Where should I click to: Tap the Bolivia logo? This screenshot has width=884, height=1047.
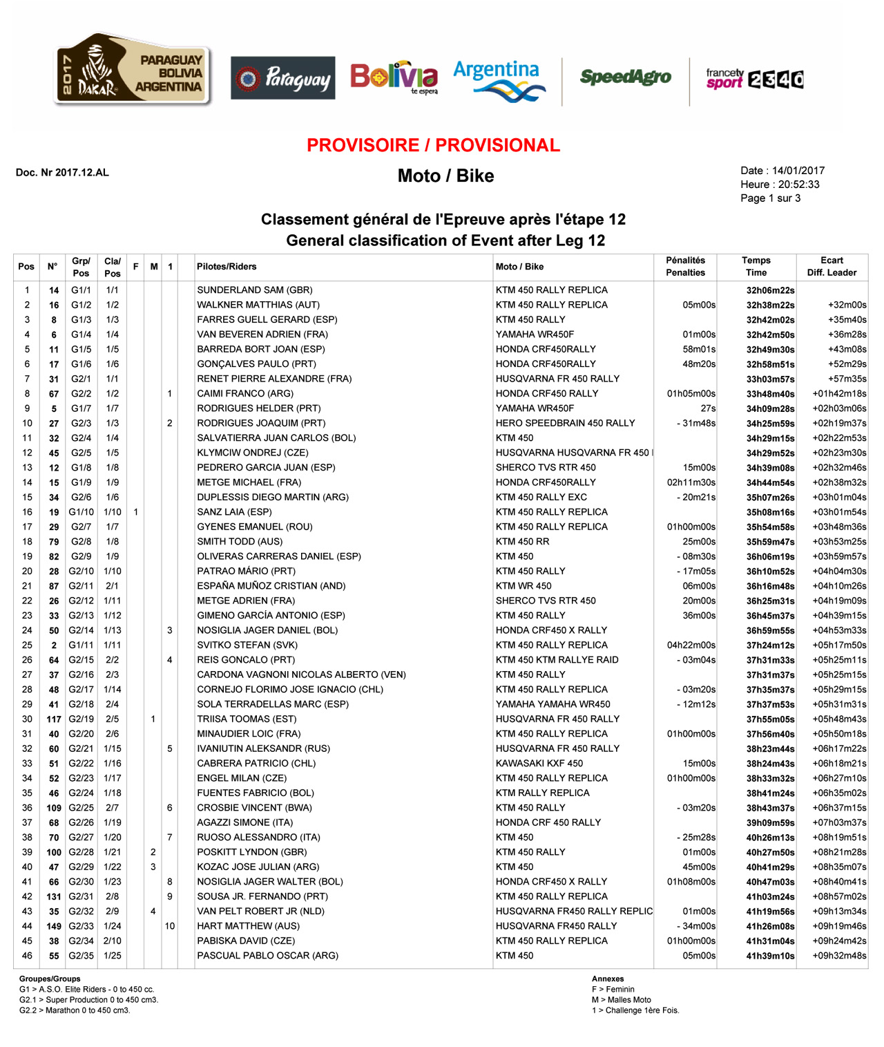click(x=394, y=77)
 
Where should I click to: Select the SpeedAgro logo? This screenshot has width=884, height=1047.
click(x=625, y=77)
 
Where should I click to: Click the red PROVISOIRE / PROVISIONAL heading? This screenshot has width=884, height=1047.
click(x=433, y=146)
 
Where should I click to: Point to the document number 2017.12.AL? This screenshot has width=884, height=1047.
click(x=62, y=173)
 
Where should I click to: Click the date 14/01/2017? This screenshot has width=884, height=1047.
click(x=798, y=171)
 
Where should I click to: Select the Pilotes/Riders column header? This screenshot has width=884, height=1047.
click(x=227, y=267)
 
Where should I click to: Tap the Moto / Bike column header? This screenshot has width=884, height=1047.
click(x=519, y=267)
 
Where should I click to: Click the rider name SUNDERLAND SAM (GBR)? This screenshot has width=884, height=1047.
click(x=255, y=290)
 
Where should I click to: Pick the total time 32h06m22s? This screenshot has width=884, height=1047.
click(x=770, y=291)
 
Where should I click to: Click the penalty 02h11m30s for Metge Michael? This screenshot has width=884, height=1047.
click(x=691, y=482)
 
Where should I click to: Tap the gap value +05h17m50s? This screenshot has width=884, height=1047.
click(x=839, y=645)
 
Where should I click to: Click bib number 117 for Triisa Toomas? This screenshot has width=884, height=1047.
click(x=54, y=719)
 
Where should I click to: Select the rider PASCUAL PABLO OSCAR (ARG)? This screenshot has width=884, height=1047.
click(x=267, y=956)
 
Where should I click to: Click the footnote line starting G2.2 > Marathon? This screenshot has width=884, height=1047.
click(x=75, y=1010)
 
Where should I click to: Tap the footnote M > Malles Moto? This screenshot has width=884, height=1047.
click(x=621, y=1000)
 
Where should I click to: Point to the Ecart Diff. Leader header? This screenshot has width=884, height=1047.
click(x=832, y=267)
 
